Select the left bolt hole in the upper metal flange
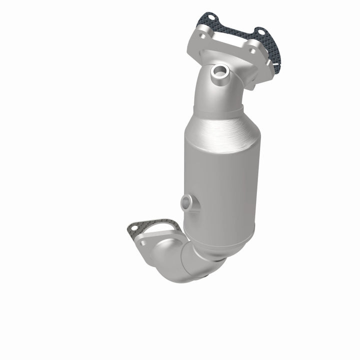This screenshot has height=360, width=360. pos(203,36)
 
